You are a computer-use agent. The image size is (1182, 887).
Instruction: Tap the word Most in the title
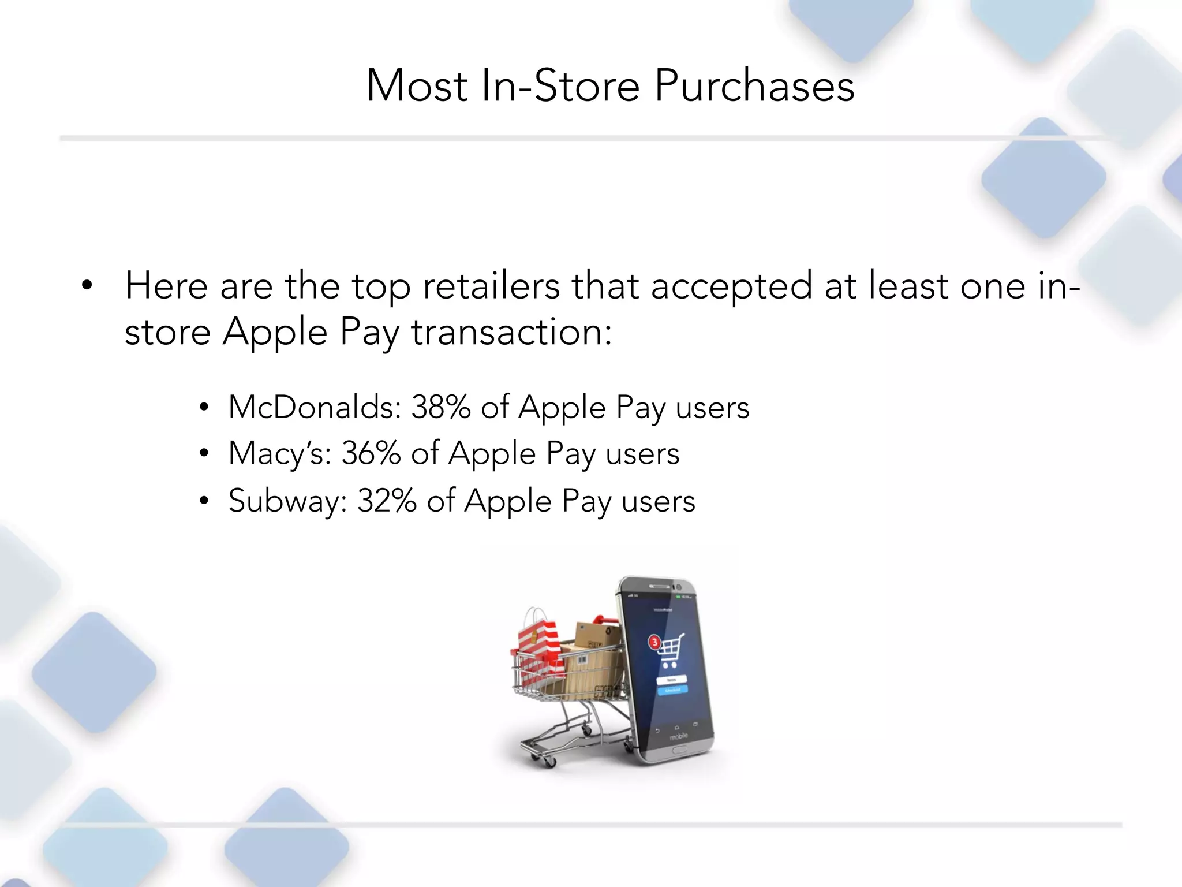click(417, 87)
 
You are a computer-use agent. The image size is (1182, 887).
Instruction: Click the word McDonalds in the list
click(314, 407)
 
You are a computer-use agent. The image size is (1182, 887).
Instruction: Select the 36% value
click(371, 453)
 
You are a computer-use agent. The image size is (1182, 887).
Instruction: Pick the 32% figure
click(387, 501)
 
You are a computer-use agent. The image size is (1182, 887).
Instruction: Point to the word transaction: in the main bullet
click(511, 333)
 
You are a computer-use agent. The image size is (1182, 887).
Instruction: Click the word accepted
click(731, 287)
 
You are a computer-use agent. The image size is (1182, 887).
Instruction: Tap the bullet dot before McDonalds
click(203, 408)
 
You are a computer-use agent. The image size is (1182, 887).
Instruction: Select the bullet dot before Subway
click(203, 501)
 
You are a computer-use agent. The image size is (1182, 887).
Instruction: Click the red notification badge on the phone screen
click(654, 642)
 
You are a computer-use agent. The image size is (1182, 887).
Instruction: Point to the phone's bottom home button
click(679, 750)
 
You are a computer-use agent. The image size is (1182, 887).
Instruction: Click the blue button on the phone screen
click(672, 690)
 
